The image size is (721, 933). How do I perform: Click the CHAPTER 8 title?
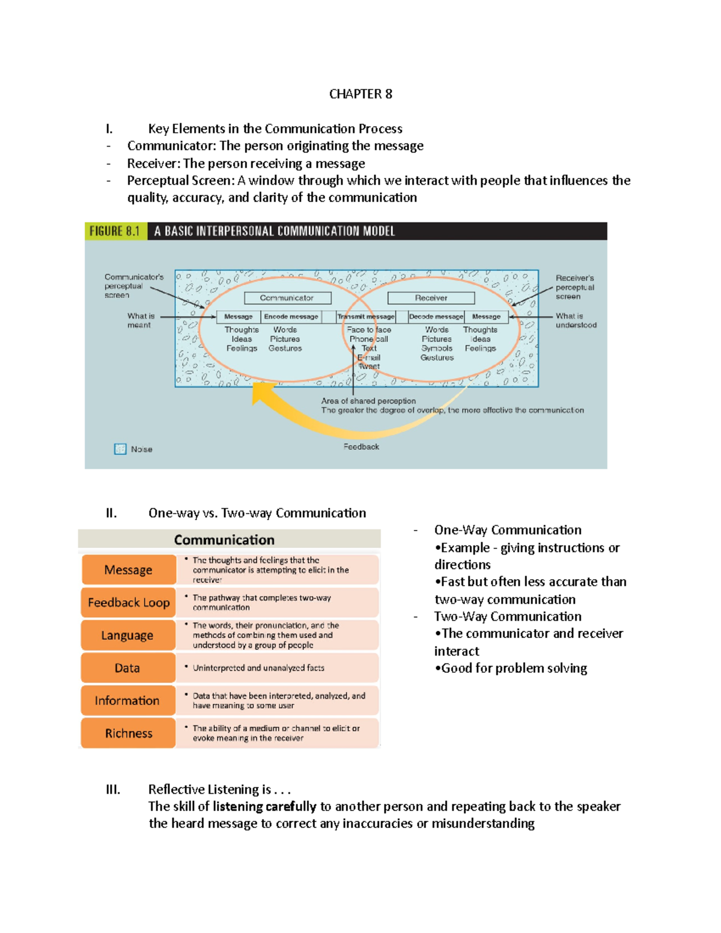click(360, 94)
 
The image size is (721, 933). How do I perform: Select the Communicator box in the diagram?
click(287, 298)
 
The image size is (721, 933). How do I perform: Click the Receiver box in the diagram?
click(431, 298)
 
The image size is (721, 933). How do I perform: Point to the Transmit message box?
click(366, 317)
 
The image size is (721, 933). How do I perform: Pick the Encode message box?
click(291, 317)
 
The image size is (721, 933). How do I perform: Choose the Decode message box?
click(436, 317)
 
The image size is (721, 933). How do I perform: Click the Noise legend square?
click(120, 449)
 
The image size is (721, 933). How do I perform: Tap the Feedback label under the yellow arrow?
click(361, 446)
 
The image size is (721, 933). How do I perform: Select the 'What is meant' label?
click(140, 320)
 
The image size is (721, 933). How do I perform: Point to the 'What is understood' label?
click(576, 320)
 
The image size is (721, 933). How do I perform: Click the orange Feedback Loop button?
click(129, 603)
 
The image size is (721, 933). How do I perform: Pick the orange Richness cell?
click(129, 733)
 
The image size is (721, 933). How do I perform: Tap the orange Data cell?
click(127, 668)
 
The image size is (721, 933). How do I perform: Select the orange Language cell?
click(127, 635)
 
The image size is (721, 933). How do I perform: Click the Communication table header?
click(224, 539)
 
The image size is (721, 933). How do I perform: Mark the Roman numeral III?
click(113, 789)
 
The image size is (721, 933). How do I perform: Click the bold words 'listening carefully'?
click(264, 806)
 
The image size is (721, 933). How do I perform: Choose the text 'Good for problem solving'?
click(514, 668)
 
